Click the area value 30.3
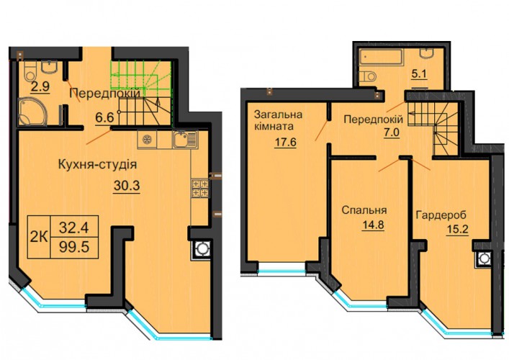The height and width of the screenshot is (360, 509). [x=127, y=186]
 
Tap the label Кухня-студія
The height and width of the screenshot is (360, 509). [x=98, y=165]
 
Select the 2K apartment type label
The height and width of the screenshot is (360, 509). [x=39, y=238]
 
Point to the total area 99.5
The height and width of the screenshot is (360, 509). [x=74, y=248]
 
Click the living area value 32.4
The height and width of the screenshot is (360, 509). [x=74, y=228]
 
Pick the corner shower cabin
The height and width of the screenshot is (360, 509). [x=32, y=112]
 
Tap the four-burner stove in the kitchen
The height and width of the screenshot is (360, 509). [x=200, y=188]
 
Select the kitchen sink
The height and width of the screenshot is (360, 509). [x=185, y=140]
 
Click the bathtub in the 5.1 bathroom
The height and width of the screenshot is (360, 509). [x=380, y=58]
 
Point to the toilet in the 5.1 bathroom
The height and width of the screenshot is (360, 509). [x=368, y=77]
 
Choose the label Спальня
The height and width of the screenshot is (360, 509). [x=364, y=210]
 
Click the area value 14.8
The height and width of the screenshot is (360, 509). [x=373, y=225]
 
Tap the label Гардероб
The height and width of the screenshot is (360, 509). [x=441, y=215]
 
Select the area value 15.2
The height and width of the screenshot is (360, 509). [x=457, y=230]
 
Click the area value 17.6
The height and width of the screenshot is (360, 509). [x=285, y=142]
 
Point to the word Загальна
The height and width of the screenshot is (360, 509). [x=278, y=114]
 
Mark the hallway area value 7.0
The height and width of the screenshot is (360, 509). [x=392, y=133]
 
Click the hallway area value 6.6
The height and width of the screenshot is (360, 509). [x=104, y=117]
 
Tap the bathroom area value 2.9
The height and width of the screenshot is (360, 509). [x=40, y=86]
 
